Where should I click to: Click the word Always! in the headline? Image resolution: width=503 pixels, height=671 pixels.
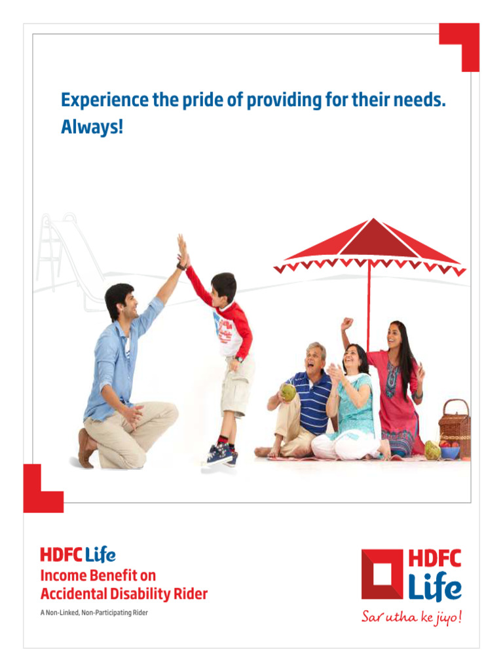(92, 127)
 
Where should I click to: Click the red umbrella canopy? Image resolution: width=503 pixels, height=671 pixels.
(371, 246)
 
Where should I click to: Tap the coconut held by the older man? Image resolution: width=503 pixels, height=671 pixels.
(288, 392)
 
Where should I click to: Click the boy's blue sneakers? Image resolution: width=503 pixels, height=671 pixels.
(221, 453)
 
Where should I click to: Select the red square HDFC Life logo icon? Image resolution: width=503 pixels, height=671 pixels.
(383, 574)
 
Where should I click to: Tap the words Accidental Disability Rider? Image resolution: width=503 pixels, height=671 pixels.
(124, 594)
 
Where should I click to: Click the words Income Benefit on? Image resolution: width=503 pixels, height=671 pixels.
(98, 576)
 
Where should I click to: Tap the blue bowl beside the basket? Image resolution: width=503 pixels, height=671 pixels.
(449, 451)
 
